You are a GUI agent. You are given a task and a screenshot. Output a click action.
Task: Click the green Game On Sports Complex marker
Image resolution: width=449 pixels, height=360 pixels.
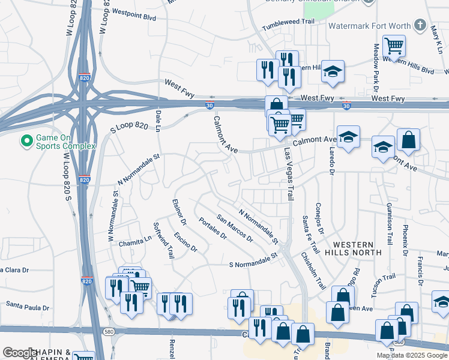point(26,141)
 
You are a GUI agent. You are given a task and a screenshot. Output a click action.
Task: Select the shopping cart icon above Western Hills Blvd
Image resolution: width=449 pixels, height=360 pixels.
point(394,46)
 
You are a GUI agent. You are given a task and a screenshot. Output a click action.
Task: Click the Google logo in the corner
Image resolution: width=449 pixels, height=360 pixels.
point(20,353)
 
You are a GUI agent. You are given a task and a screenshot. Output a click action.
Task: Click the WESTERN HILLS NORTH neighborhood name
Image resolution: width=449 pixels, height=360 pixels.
point(357,248)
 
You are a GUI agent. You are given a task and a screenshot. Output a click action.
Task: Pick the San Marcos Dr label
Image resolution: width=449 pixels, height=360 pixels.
point(235,229)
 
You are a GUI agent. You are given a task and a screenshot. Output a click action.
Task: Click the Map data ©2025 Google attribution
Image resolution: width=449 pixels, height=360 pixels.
point(411,355)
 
